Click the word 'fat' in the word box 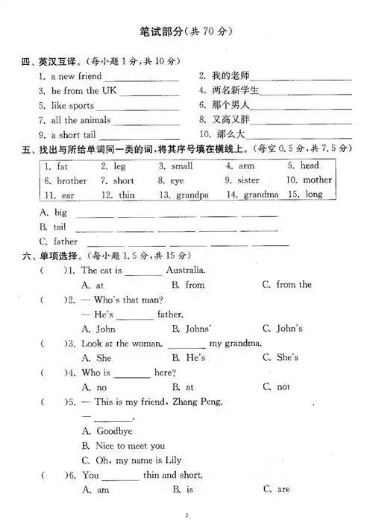click(x=62, y=166)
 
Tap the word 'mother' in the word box click(x=317, y=180)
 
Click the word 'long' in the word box click(x=314, y=195)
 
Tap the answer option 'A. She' click(x=97, y=358)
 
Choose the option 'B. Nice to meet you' click(x=124, y=446)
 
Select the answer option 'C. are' click(x=276, y=490)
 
